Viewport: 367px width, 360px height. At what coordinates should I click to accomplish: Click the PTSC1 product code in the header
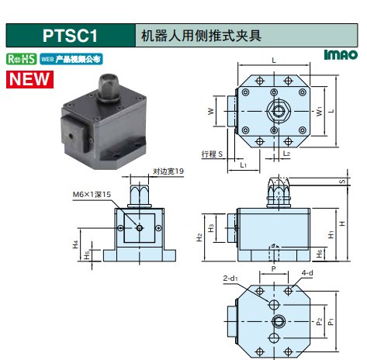tap(70, 36)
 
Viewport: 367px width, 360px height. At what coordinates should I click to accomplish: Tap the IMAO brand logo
tap(341, 55)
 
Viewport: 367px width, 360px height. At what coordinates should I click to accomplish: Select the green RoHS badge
tap(22, 59)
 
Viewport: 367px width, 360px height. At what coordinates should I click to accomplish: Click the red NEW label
tap(29, 79)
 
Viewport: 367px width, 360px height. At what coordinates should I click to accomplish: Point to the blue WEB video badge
tap(71, 59)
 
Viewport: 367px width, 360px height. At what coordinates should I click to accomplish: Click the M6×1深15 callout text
tap(92, 195)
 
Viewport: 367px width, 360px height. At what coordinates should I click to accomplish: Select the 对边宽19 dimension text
tap(168, 171)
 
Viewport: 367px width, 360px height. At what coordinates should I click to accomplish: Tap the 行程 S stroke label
tap(212, 154)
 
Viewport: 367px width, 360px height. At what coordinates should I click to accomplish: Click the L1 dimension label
tap(243, 164)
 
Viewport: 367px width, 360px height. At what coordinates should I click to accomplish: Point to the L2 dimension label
tap(286, 154)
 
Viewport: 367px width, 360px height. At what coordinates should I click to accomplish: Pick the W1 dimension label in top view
tap(319, 112)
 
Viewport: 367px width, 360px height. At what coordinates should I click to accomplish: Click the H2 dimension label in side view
tap(199, 237)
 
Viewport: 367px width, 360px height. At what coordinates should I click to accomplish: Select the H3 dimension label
tap(211, 228)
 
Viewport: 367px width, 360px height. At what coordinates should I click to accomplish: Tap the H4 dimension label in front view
tap(75, 244)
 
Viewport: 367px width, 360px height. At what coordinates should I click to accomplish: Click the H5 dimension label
tap(87, 255)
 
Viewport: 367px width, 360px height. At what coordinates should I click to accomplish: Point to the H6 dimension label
tap(320, 254)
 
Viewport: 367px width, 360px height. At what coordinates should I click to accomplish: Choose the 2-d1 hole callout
tap(230, 279)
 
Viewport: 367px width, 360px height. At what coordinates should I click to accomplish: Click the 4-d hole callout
tap(307, 273)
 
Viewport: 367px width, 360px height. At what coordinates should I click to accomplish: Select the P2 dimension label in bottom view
tap(319, 321)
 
